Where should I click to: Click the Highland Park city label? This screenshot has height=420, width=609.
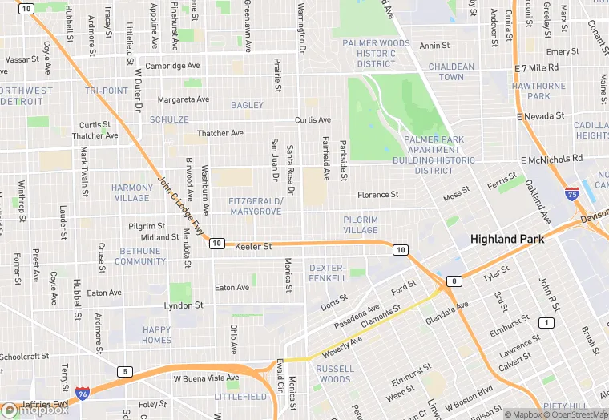[x=507, y=239]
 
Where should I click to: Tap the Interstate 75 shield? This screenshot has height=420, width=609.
[x=571, y=193]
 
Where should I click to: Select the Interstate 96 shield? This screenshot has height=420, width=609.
[x=83, y=393]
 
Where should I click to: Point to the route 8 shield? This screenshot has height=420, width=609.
[x=455, y=281]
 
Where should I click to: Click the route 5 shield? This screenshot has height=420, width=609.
[x=124, y=371]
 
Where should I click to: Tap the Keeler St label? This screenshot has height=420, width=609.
[x=254, y=247]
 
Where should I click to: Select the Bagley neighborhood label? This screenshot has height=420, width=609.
[x=247, y=105]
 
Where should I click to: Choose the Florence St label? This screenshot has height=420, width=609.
[x=377, y=195]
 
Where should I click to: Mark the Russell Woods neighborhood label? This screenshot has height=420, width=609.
[x=334, y=374]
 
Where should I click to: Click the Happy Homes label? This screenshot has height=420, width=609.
[x=156, y=335]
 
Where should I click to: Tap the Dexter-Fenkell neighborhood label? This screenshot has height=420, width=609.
[x=328, y=272]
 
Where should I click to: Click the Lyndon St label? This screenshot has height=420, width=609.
[x=184, y=305]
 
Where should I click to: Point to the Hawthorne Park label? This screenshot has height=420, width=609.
[x=539, y=91]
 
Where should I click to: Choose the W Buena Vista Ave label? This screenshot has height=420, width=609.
[x=206, y=378]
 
